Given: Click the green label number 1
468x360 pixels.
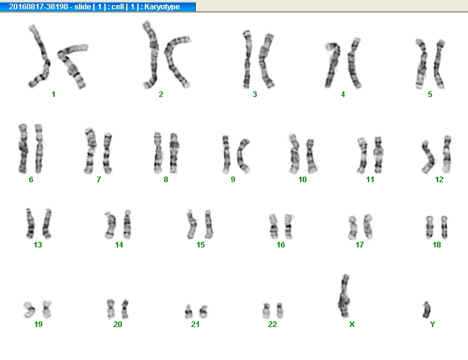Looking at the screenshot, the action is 53,95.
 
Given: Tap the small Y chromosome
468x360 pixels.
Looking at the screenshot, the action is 426,310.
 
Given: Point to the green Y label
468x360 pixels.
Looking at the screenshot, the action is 433,324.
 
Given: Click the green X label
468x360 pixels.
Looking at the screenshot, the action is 352,324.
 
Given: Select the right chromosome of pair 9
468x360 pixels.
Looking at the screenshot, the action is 242,155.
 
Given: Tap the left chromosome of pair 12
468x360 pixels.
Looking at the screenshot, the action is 429,157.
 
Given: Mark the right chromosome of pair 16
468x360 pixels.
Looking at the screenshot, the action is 288,226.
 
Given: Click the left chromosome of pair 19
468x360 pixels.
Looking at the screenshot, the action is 29,310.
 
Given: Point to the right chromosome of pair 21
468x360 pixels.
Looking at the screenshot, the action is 204,312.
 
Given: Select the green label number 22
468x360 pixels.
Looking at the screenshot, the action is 272,324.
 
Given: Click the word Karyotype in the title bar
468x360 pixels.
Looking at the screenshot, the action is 162,7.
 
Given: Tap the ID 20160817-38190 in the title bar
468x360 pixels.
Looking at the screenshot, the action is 39,7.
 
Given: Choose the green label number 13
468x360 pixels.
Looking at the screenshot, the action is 38,245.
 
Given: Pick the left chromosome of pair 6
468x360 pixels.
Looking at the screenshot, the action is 23,149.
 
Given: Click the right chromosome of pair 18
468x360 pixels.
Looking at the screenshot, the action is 444,227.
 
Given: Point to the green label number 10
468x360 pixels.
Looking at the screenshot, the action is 302,180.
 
